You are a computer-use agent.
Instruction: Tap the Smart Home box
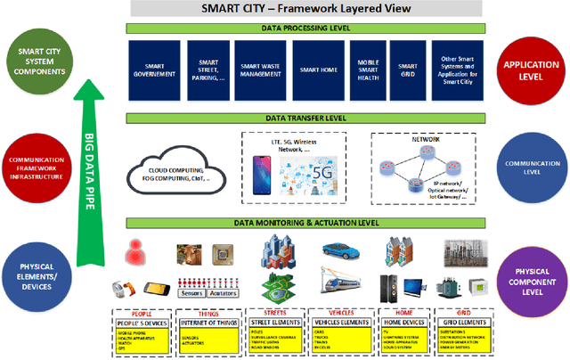[317, 69]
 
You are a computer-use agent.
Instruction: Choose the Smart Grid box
[408, 69]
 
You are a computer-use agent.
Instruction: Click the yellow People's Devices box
[144, 338]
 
